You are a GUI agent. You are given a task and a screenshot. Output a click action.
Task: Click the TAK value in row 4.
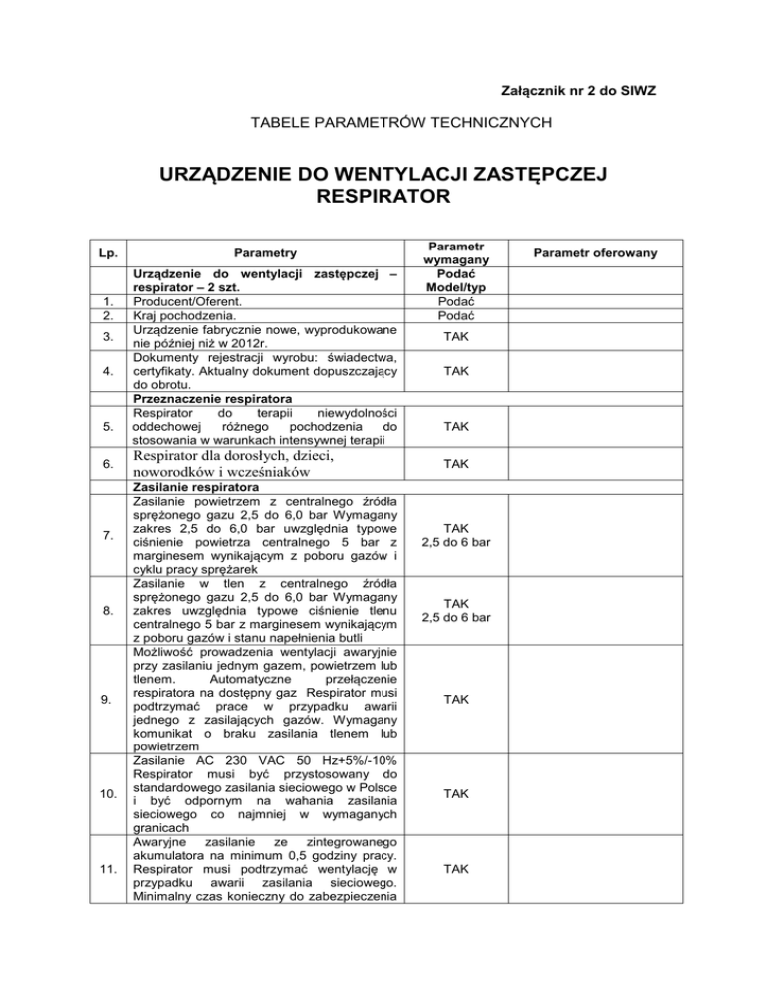click(456, 371)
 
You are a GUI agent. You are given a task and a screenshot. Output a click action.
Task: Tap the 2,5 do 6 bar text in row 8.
click(456, 617)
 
